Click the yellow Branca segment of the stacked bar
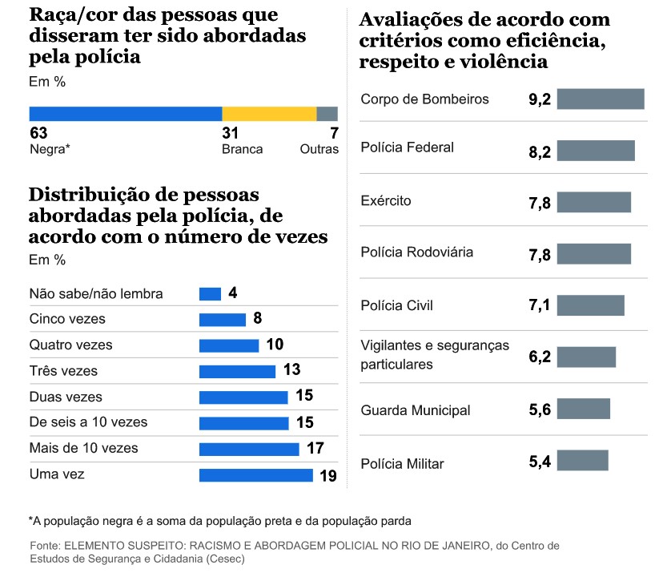point(269,114)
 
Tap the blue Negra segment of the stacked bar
point(126,114)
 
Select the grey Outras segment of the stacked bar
point(327,114)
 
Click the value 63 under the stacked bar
point(38,133)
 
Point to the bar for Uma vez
point(255,475)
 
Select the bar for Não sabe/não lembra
point(210,294)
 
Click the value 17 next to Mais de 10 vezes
point(315,448)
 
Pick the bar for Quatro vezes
point(229,345)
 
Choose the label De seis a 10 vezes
point(88,422)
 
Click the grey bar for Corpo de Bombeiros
point(601,99)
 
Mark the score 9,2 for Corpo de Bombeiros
point(540,100)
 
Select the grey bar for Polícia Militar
point(583,461)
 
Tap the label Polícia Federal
point(408,147)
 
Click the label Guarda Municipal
point(416,410)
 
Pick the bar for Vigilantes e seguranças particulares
point(586,357)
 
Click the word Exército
point(386,200)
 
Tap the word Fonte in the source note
point(45,546)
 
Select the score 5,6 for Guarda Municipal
point(540,411)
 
